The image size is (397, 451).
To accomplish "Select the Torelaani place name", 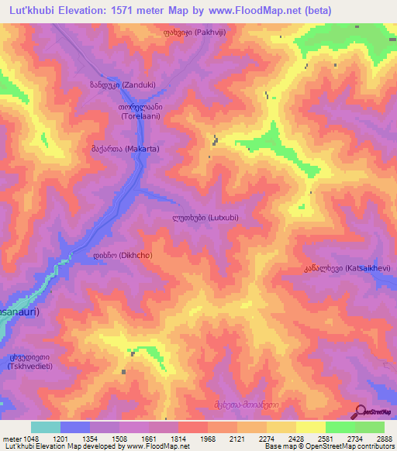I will click(x=140, y=111).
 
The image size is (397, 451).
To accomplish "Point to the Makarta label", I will click(x=131, y=152).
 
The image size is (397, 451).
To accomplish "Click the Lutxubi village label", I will click(x=205, y=218).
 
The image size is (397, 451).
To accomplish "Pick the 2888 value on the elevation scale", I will click(x=375, y=439).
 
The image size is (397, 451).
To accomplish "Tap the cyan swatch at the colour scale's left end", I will click(x=46, y=427).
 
